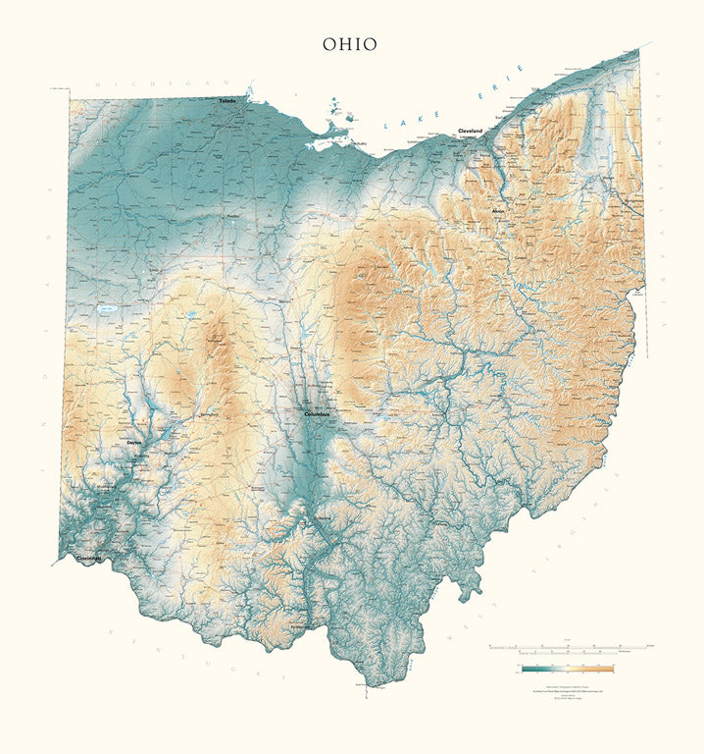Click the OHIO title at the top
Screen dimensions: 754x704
350,44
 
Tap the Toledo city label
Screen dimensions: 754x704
226,100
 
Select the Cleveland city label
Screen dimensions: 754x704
470,131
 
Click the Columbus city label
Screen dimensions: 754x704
318,414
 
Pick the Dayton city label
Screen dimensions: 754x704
134,443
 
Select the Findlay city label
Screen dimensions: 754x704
233,215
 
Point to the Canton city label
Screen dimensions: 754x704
520,257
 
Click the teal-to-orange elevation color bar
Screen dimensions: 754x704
568,669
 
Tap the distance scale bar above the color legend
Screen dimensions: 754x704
568,648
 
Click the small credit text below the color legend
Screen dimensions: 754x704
568,690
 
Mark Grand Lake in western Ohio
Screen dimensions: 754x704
106,309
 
